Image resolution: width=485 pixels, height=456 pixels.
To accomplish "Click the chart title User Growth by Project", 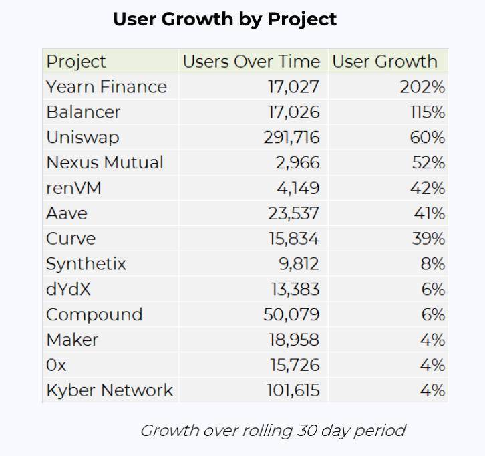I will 224,19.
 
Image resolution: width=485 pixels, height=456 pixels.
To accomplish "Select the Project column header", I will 76,62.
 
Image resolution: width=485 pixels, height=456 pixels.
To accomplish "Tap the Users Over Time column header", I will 251,62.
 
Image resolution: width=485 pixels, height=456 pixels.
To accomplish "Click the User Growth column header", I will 385,62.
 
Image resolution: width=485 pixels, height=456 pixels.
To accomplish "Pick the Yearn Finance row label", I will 106,87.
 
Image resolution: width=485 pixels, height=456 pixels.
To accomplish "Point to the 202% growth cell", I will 424,87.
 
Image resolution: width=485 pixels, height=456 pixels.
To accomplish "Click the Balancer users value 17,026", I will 293,112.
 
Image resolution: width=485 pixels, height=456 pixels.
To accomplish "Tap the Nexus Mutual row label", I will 105,162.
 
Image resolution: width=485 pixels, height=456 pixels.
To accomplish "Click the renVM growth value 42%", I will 428,188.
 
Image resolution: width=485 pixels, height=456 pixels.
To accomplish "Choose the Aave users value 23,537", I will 293,213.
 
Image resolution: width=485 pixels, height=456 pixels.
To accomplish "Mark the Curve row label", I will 71,239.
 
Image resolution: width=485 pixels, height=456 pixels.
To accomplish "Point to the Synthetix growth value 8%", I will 433,264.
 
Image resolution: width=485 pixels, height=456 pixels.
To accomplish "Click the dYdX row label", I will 68,290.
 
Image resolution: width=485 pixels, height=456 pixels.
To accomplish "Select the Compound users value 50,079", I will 293,314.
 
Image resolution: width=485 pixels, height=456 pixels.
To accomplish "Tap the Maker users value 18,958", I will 293,340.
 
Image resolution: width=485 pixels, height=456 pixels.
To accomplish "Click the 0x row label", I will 56,365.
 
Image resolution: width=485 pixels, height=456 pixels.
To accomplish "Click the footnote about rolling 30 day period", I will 273,430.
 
